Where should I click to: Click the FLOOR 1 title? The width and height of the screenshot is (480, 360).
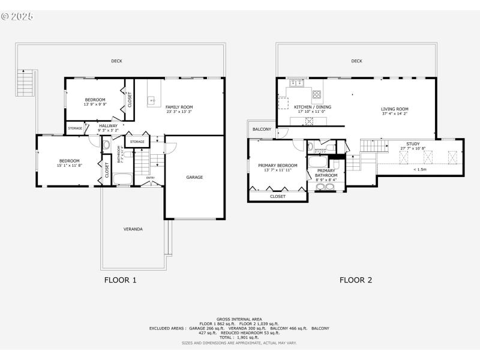121,280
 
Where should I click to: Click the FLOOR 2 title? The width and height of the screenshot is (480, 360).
356,280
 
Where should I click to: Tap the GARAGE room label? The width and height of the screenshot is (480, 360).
194,177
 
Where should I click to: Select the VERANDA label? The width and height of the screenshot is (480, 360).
133,229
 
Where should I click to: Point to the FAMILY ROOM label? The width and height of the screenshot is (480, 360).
179,106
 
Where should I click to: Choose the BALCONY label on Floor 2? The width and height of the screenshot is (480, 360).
262,129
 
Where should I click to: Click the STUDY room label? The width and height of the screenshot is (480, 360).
413,144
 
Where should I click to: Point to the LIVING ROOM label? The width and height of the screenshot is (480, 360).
394,109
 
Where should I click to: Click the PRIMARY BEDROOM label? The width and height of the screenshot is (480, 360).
277,166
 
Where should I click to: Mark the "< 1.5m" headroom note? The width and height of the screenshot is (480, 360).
421,169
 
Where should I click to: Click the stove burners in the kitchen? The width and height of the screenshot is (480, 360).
317,94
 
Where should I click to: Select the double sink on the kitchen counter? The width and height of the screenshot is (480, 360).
296,83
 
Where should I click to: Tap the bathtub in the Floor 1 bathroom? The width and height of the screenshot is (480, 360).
124,179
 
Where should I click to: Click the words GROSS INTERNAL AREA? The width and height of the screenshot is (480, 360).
239,319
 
